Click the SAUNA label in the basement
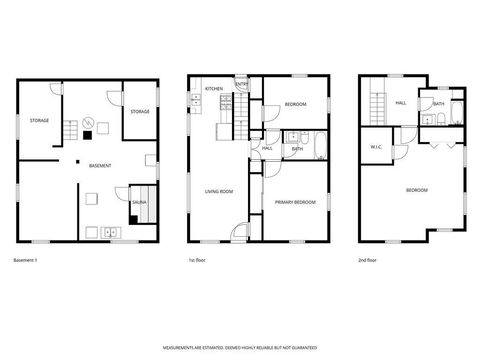[x=138, y=203]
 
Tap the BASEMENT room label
[x=100, y=165]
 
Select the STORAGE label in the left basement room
[x=39, y=120]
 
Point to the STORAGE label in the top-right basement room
[x=140, y=111]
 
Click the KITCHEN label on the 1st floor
[x=214, y=89]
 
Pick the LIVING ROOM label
[x=219, y=191]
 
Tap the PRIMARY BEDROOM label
[x=296, y=203]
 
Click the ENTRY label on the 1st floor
[x=242, y=85]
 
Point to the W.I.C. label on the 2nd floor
[x=376, y=148]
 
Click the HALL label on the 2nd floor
[x=400, y=103]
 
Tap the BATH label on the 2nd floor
[x=439, y=103]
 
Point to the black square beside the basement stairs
[x=87, y=133]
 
